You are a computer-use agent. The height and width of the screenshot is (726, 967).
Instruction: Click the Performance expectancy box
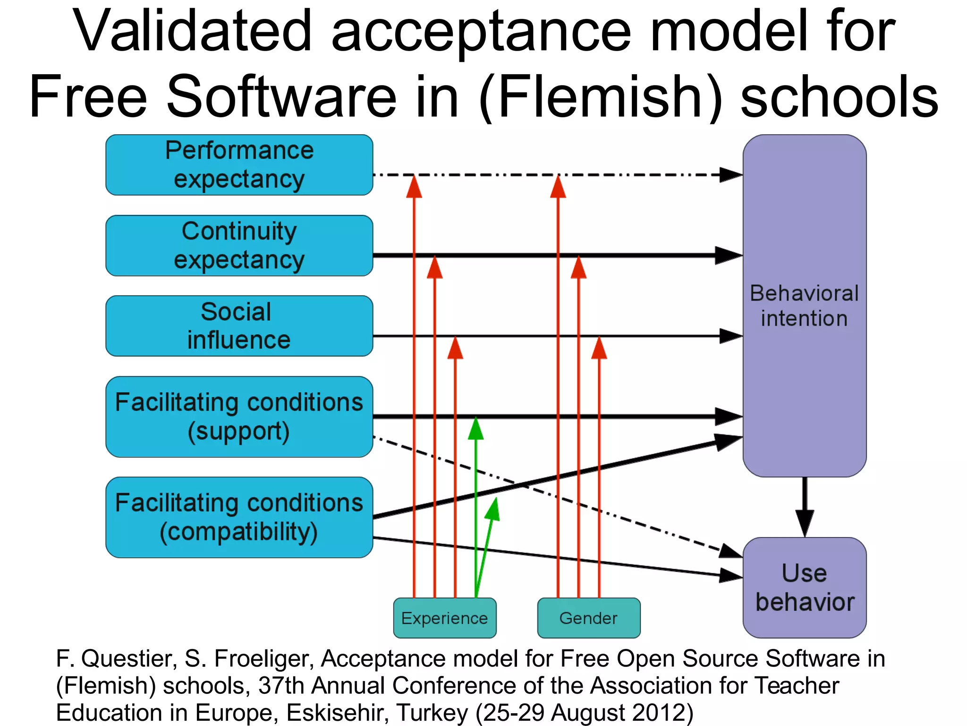[x=239, y=165]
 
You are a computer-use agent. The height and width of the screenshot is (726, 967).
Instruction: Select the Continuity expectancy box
[x=239, y=245]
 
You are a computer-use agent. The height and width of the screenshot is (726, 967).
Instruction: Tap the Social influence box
[x=239, y=326]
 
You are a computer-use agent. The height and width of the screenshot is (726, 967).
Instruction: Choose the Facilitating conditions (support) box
[x=239, y=416]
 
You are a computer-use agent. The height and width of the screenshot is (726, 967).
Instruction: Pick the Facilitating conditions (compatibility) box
[x=239, y=517]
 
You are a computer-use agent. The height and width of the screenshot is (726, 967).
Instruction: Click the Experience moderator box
[x=444, y=618]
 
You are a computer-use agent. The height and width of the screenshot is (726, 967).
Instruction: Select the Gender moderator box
[x=588, y=618]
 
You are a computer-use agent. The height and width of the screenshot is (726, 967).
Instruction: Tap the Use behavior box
[x=804, y=588]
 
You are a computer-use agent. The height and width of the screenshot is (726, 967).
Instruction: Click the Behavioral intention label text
[x=804, y=306]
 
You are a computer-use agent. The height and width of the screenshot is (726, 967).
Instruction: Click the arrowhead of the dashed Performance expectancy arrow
[x=730, y=175]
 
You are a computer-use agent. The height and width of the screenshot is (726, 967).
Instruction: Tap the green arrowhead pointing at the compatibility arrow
[x=493, y=510]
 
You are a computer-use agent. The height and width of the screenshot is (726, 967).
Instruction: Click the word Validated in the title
[x=192, y=32]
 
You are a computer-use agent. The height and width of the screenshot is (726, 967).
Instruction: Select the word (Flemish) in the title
[x=600, y=97]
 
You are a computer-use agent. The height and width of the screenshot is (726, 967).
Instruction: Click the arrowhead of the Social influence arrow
[x=730, y=336]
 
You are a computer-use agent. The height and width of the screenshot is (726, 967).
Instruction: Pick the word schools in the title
[x=839, y=97]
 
